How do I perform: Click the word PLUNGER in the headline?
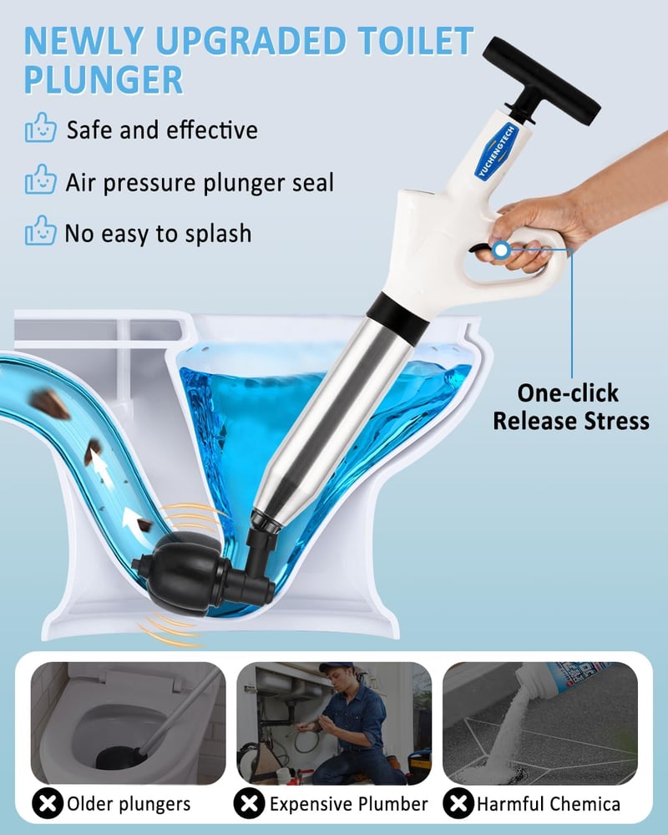(x=104, y=80)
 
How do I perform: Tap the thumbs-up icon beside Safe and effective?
(x=40, y=127)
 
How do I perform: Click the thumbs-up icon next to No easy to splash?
(x=40, y=230)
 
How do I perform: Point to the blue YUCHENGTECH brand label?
(x=497, y=151)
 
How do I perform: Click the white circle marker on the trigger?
(x=501, y=250)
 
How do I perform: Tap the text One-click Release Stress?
(x=570, y=407)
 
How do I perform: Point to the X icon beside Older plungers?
(x=48, y=803)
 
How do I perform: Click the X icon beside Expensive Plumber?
(x=249, y=803)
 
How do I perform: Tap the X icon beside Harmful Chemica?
(x=458, y=803)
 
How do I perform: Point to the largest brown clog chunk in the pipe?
(x=49, y=403)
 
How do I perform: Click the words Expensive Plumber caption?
(x=348, y=803)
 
